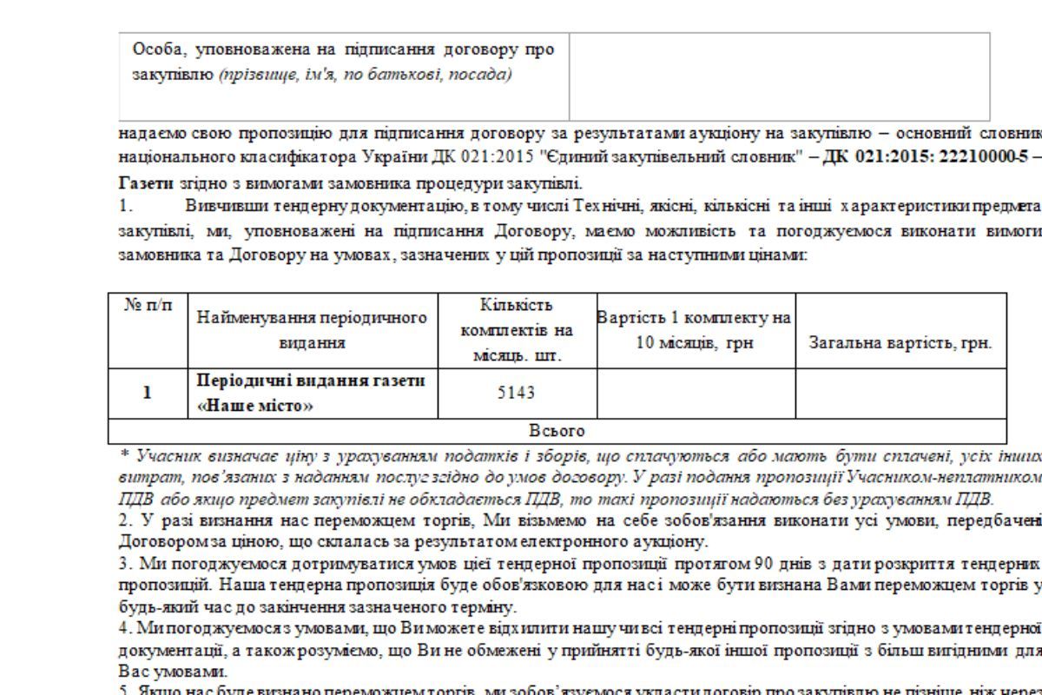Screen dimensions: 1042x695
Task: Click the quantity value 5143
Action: click(517, 393)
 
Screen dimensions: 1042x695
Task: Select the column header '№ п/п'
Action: click(148, 305)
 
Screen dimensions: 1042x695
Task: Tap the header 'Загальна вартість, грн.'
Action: click(900, 342)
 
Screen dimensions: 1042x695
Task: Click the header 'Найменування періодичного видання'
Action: click(313, 330)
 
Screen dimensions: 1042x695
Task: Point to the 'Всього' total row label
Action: click(557, 431)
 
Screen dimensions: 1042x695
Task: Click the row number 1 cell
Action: click(148, 393)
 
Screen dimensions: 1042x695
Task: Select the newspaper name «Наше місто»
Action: click(256, 405)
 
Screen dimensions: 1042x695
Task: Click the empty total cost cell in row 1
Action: click(900, 393)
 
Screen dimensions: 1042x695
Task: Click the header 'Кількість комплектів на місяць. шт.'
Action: click(517, 330)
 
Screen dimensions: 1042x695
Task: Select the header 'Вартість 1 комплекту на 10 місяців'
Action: click(695, 330)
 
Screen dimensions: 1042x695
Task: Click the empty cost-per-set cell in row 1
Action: click(696, 393)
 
